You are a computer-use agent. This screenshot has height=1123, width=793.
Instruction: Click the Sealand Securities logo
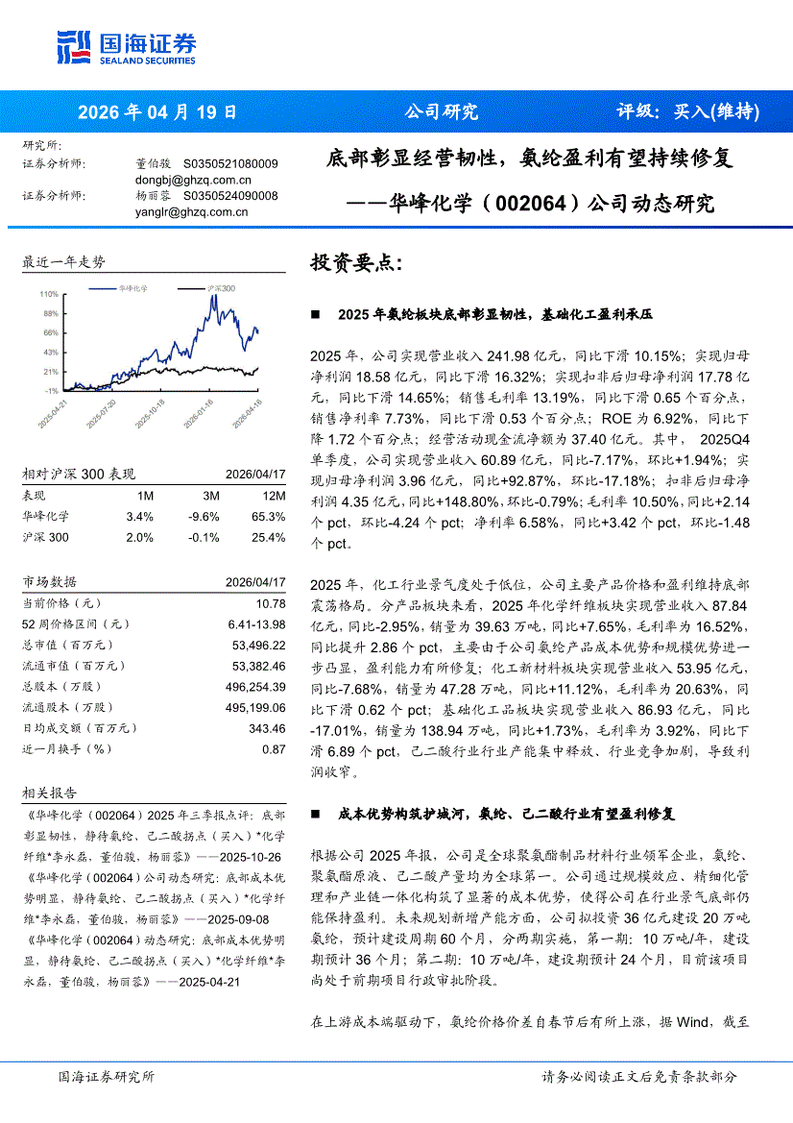coord(127,44)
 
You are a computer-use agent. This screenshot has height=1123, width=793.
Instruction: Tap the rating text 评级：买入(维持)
coord(686,111)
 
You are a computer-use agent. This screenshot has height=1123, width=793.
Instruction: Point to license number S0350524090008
coord(230,196)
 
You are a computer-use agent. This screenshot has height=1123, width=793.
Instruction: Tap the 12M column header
coord(273,495)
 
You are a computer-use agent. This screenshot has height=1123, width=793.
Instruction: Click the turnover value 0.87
coord(275,748)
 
